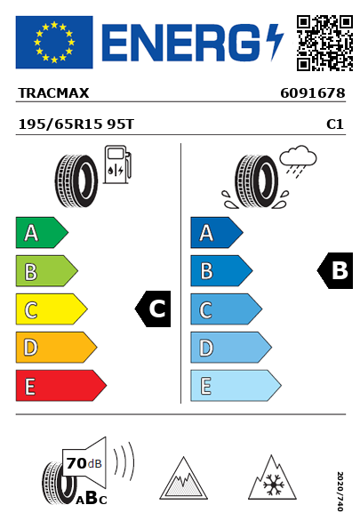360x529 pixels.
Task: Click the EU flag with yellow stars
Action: coord(54,42)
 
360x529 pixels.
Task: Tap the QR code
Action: coord(324,43)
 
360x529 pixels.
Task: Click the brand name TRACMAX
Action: coord(53,93)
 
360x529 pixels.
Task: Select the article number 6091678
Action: coord(313,93)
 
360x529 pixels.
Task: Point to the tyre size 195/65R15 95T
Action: coord(76,124)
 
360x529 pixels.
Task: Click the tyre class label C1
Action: coord(335,124)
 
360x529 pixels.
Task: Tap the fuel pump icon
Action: coord(117,164)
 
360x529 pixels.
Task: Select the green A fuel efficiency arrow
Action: coord(42,232)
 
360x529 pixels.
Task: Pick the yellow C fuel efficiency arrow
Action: coord(52,309)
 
